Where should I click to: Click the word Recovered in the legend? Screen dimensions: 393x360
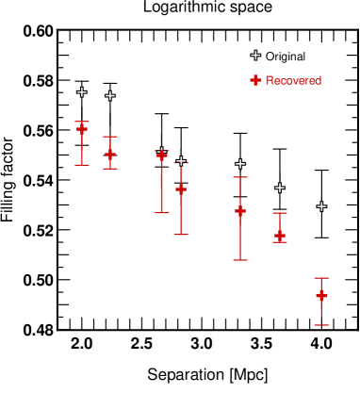[293, 81]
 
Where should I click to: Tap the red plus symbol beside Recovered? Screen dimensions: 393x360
[255, 81]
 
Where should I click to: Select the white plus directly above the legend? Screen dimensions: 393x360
[255, 56]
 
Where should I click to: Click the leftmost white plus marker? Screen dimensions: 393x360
[82, 92]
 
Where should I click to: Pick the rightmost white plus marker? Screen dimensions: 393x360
[321, 206]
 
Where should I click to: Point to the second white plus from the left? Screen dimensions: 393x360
[110, 96]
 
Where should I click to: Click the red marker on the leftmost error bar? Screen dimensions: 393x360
[82, 128]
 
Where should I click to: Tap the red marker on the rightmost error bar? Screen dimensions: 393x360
[321, 296]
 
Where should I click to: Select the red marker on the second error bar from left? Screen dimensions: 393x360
[110, 154]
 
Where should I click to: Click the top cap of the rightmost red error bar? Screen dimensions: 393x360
[321, 278]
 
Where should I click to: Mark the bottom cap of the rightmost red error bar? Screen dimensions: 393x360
[321, 325]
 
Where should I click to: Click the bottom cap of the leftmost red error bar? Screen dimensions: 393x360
[82, 165]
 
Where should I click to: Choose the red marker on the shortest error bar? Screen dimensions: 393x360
[280, 235]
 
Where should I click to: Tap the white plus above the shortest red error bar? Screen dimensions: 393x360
[280, 188]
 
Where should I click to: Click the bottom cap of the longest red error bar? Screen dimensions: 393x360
[240, 260]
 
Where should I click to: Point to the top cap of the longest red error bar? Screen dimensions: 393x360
[240, 177]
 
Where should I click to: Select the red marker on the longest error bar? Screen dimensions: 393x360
[240, 210]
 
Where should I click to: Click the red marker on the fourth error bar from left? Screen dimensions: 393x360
[181, 189]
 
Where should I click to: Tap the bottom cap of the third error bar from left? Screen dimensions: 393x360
[162, 213]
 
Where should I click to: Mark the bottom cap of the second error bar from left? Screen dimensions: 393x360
[110, 169]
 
